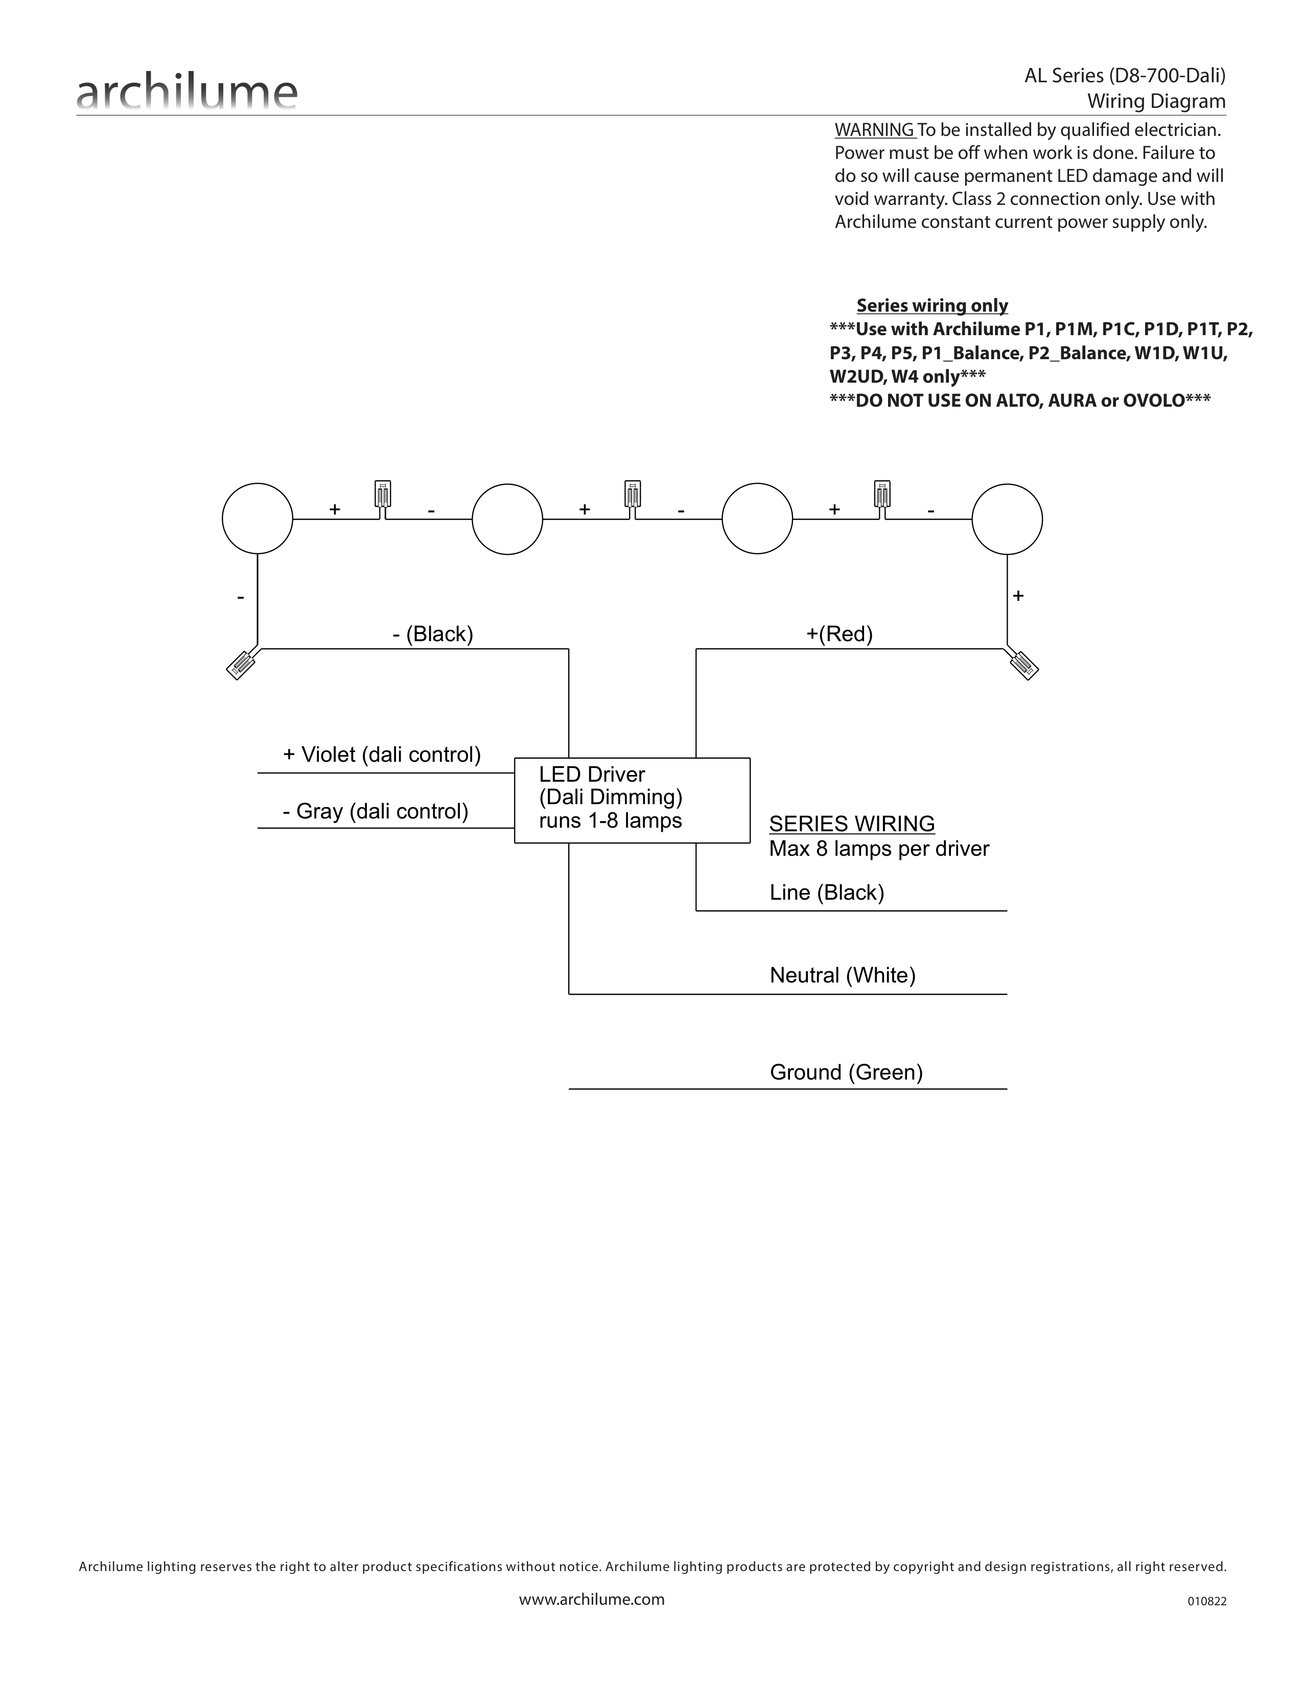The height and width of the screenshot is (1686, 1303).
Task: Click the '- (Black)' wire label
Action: (432, 634)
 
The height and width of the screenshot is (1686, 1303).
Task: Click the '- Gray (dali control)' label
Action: (375, 811)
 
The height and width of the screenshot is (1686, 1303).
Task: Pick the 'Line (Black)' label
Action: (827, 893)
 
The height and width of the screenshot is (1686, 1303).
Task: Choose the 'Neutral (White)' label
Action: (842, 975)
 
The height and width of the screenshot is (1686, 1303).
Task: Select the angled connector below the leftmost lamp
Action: (244, 663)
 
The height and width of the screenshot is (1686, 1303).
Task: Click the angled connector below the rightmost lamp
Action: (1022, 663)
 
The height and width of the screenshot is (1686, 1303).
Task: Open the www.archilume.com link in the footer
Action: (591, 1599)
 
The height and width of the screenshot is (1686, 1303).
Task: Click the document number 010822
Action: (1206, 1601)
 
